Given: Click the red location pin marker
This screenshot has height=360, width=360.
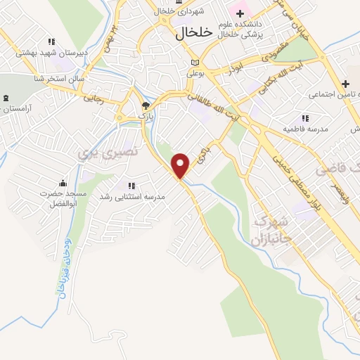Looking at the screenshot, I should tap(181, 165).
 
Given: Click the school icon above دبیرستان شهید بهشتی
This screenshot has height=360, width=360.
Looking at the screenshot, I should tap(51, 42).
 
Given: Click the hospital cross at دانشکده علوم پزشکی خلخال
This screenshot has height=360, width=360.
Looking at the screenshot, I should tap(240, 13).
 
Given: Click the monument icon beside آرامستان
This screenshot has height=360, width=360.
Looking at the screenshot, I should tap(6, 99).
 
